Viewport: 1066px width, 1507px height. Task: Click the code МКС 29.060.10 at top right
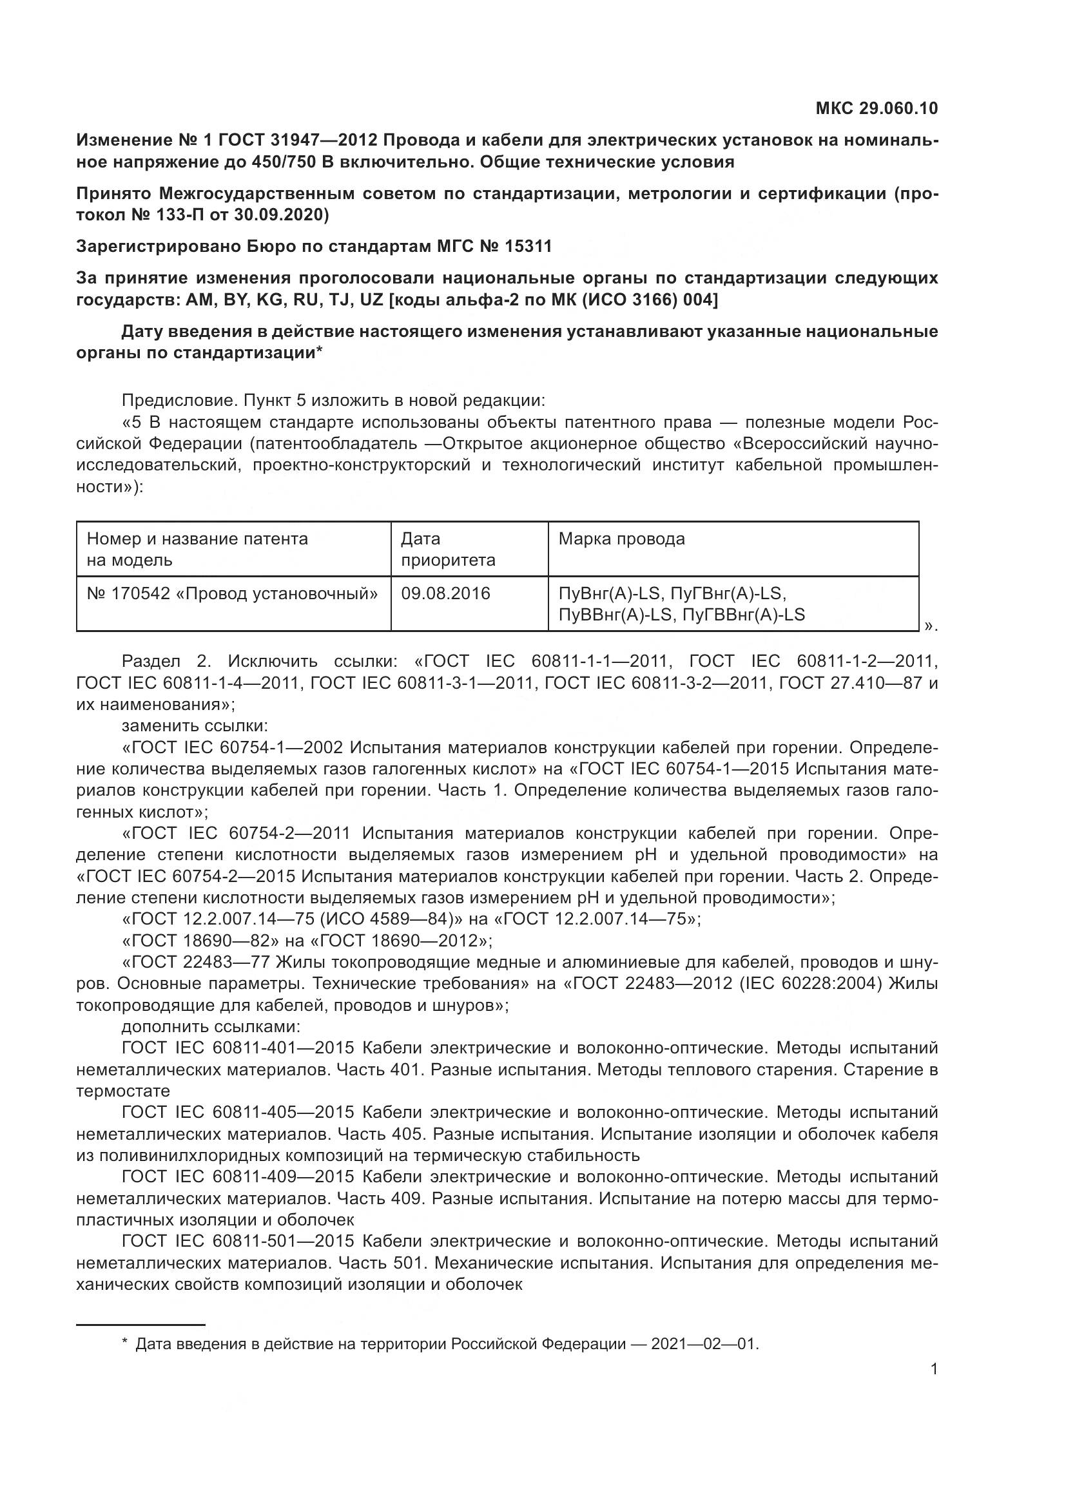(x=877, y=108)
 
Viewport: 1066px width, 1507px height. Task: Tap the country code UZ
(x=371, y=300)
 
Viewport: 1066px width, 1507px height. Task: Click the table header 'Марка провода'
(x=621, y=539)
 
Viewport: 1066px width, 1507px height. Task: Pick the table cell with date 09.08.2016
(x=446, y=593)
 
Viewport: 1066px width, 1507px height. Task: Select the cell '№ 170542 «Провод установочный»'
(x=233, y=593)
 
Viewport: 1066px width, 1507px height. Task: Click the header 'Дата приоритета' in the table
(x=448, y=550)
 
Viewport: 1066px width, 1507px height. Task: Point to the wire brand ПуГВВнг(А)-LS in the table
(x=744, y=615)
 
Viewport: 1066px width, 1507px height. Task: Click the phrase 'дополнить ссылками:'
(x=211, y=1026)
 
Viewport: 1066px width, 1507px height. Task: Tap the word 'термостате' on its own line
(x=123, y=1091)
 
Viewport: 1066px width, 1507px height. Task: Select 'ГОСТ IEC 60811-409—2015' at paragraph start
(x=238, y=1176)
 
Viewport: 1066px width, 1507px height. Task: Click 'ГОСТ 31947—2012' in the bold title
(x=297, y=140)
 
